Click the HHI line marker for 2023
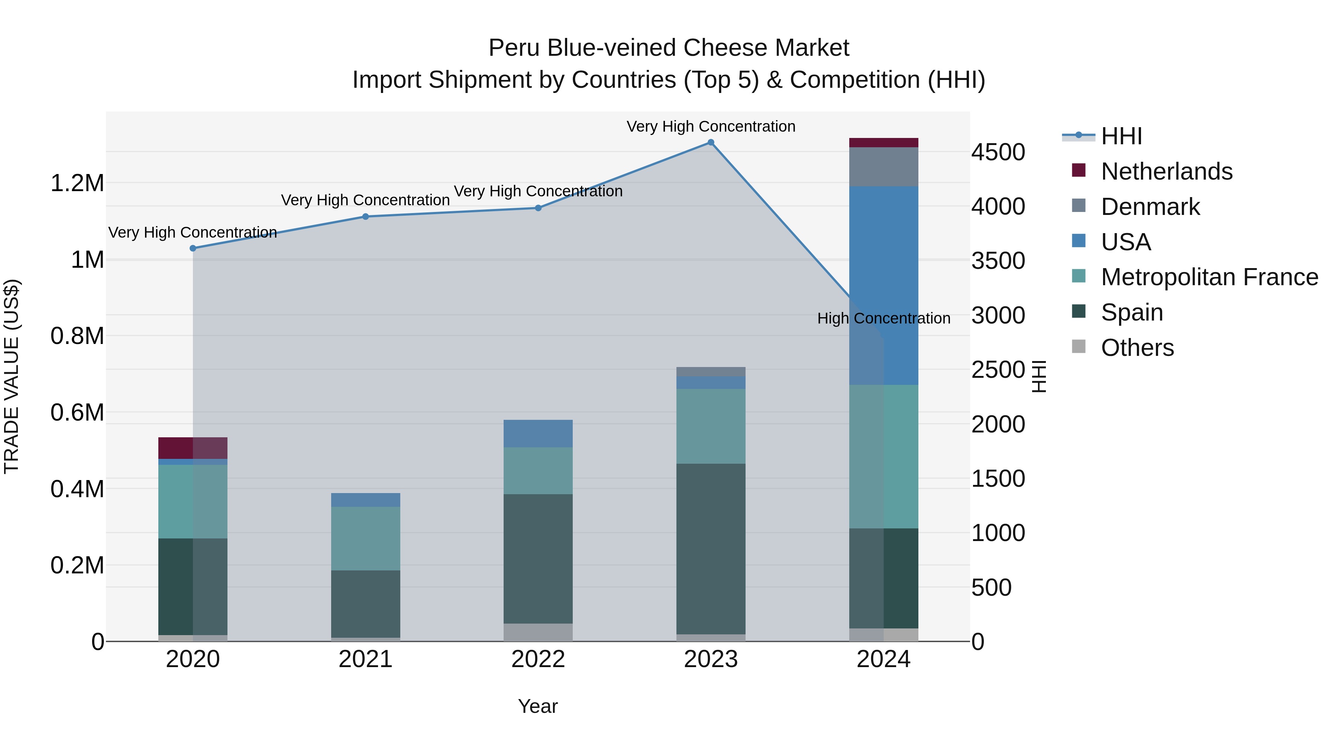(x=711, y=142)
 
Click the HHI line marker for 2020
(x=193, y=248)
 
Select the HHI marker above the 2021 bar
(x=365, y=217)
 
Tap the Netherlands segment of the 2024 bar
(x=883, y=143)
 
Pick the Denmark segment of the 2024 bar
(x=883, y=167)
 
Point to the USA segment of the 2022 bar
(x=538, y=434)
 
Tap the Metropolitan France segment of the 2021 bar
(x=365, y=538)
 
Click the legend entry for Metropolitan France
(x=1209, y=277)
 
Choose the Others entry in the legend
(x=1137, y=348)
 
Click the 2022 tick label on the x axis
(x=538, y=659)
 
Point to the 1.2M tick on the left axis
(x=77, y=183)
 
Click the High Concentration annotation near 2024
(x=883, y=318)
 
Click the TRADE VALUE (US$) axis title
(x=12, y=376)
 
